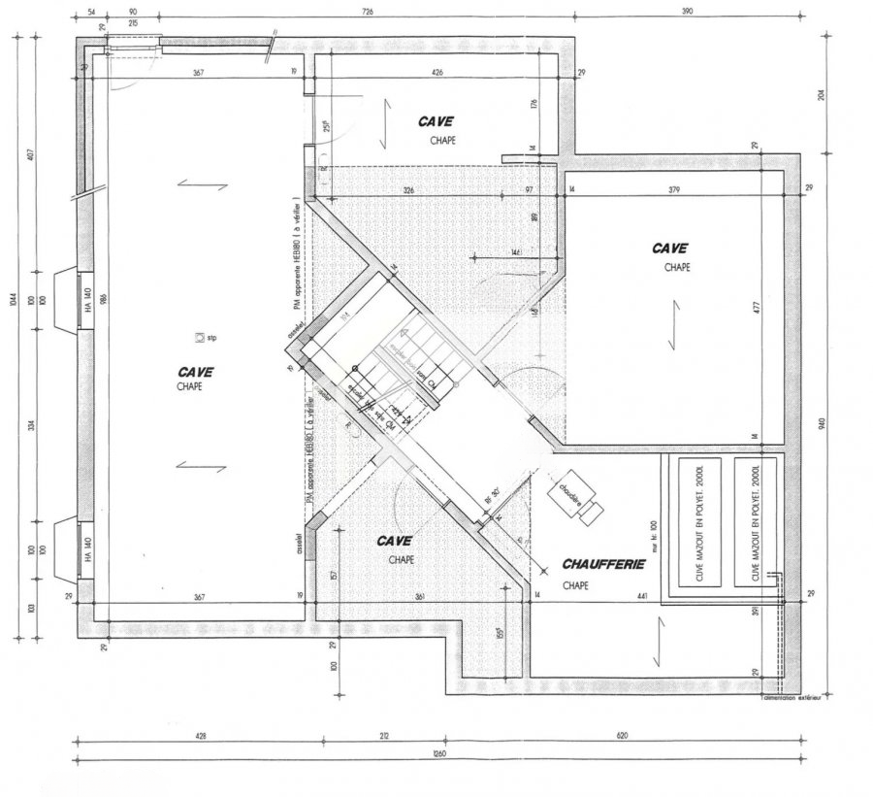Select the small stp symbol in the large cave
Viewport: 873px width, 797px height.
pos(200,337)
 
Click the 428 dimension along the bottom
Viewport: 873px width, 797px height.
pos(201,736)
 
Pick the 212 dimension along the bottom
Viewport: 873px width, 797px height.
pos(384,736)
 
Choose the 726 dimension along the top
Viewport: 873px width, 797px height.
pos(368,12)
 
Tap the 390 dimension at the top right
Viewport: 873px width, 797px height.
pos(687,12)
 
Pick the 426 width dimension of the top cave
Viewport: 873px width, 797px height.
pos(437,73)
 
